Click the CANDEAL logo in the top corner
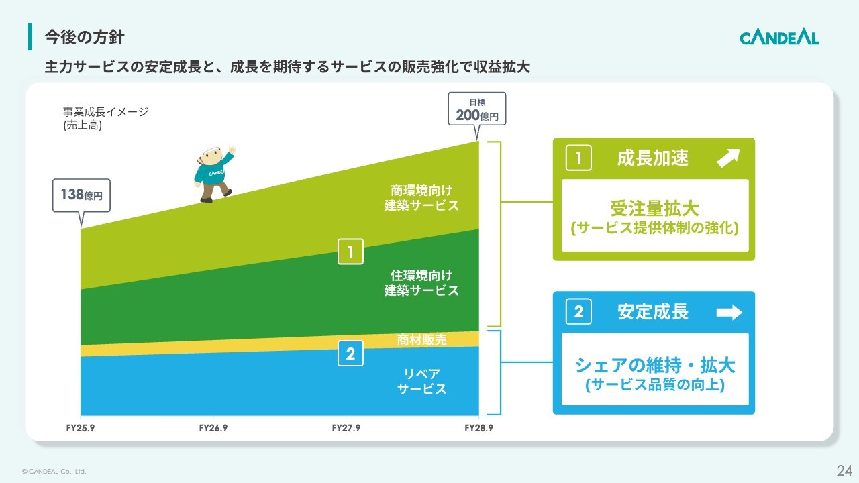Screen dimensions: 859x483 pos(779,38)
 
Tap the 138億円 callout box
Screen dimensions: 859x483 pos(81,195)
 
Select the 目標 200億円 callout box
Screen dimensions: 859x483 pos(477,109)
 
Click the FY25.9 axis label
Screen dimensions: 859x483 pos(81,428)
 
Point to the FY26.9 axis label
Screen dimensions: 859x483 pos(213,428)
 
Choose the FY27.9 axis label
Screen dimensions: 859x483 pos(346,428)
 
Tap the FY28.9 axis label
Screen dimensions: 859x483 pos(478,428)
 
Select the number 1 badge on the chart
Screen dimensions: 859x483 pos(350,252)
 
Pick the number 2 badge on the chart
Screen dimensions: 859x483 pos(350,354)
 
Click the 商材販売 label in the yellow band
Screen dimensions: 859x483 pos(422,339)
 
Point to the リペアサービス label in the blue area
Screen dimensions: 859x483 pos(422,381)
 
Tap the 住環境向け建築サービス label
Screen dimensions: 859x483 pos(421,283)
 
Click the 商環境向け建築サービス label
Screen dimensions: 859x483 pos(421,198)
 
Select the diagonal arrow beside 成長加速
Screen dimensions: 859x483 pos(728,158)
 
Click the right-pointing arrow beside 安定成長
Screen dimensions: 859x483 pos(729,312)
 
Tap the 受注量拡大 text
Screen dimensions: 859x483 pos(654,208)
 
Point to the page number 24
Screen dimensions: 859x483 pos(844,470)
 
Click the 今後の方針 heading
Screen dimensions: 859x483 pos(85,37)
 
